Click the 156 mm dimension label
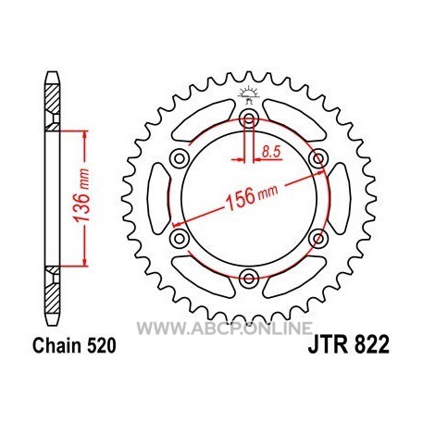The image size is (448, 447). tap(252, 197)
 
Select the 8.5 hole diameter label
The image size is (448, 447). tap(270, 152)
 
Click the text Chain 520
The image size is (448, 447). tap(74, 345)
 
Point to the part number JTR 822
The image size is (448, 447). tap(348, 345)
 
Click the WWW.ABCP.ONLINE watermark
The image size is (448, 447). tap(225, 328)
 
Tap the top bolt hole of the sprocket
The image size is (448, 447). tap(249, 118)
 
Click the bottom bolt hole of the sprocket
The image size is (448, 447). tap(249, 279)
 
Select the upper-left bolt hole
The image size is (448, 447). tap(180, 158)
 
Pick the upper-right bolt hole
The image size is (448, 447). tap(318, 158)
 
